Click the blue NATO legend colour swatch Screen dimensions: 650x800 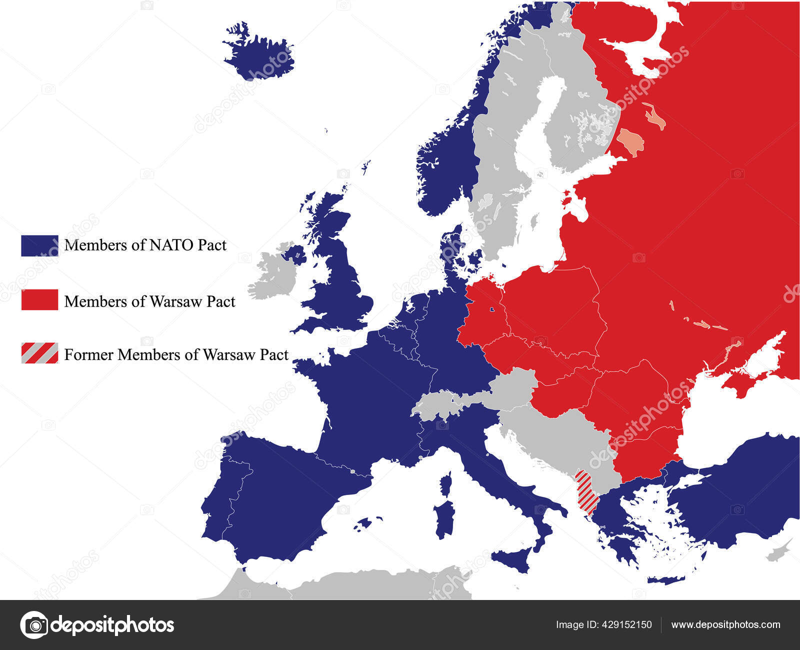(x=39, y=245)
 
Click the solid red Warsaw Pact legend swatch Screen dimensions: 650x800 (x=39, y=299)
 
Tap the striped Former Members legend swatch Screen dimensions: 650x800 (x=39, y=353)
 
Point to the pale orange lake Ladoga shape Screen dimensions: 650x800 (x=630, y=142)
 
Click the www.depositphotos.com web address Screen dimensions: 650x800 (x=725, y=624)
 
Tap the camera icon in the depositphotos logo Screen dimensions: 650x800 (x=34, y=624)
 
